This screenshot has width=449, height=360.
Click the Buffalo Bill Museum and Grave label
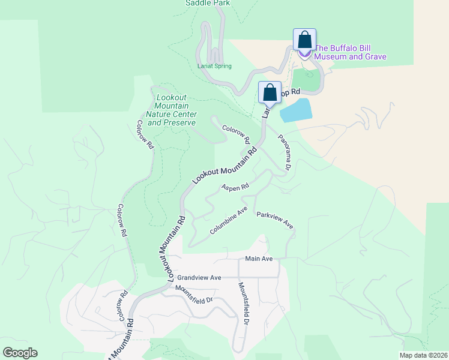point(351,52)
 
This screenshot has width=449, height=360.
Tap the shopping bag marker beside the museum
point(304,40)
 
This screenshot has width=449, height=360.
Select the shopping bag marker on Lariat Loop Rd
point(270,93)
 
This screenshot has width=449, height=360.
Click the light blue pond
point(296,110)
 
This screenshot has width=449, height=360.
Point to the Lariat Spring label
point(214,66)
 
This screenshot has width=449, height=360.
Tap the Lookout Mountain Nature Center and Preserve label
point(172,110)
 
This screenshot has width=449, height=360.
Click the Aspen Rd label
point(235,188)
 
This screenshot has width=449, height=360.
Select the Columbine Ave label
point(229,221)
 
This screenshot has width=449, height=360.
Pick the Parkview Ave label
point(275,220)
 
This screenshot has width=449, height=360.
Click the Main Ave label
point(259,259)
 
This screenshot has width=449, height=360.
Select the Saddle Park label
point(208,3)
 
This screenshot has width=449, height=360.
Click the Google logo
point(20,353)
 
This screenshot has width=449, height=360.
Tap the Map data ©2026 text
point(424,355)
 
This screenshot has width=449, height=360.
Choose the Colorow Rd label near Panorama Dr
point(236,134)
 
